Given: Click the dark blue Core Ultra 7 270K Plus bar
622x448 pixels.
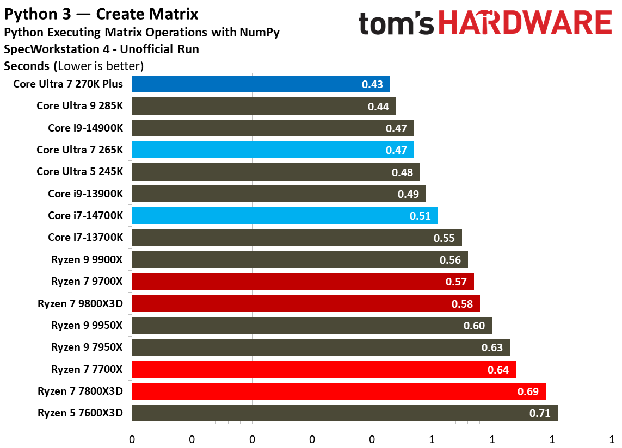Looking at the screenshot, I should [261, 84].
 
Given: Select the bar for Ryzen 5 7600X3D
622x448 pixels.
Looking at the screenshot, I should [344, 413].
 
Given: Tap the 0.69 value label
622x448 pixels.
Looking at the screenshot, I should [527, 391].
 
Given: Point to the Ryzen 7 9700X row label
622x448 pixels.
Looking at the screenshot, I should [87, 282].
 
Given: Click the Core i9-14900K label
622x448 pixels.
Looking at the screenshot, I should [85, 128].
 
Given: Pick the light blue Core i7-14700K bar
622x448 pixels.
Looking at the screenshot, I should [285, 216].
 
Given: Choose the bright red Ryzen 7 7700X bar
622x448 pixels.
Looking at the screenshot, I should [323, 369].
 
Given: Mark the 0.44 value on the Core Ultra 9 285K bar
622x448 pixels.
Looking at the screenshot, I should [378, 107].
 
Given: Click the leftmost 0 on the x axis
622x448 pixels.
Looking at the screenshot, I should [132, 439].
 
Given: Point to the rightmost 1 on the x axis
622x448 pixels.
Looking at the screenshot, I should [612, 439].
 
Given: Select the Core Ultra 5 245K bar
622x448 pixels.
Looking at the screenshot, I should [275, 172].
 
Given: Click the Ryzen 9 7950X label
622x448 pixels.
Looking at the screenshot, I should [87, 347].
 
